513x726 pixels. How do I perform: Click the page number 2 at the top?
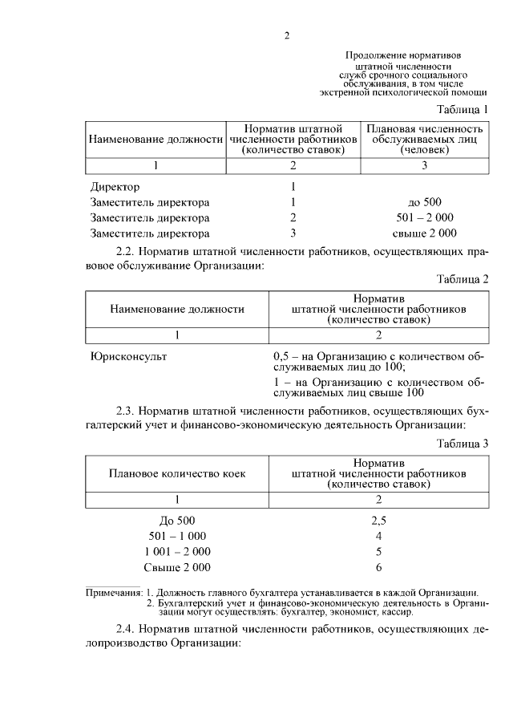tap(286, 34)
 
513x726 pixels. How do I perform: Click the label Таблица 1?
tap(463, 109)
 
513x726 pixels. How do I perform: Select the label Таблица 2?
tap(463, 279)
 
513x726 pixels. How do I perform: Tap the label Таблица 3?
tap(463, 443)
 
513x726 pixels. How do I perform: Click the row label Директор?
tap(115, 187)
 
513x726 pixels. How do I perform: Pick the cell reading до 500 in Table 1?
tap(425, 202)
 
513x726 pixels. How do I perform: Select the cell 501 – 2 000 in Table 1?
tap(425, 217)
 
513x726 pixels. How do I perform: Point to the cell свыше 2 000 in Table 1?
tap(425, 233)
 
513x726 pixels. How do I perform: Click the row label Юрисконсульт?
tap(129, 355)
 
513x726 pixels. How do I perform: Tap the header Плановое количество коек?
tap(177, 473)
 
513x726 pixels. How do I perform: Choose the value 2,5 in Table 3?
tap(379, 520)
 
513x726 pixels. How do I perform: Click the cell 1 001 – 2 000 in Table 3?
tap(177, 552)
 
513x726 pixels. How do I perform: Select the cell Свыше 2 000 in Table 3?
tap(177, 568)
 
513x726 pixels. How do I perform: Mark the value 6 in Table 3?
tap(379, 568)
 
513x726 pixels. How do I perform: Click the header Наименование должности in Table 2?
tap(177, 309)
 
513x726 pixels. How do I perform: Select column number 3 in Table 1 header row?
tap(425, 165)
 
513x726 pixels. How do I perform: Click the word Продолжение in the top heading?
tap(376, 55)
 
